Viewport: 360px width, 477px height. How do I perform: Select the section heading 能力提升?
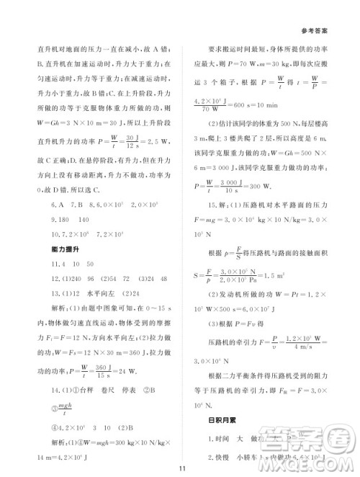pyautogui.click(x=60, y=249)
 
